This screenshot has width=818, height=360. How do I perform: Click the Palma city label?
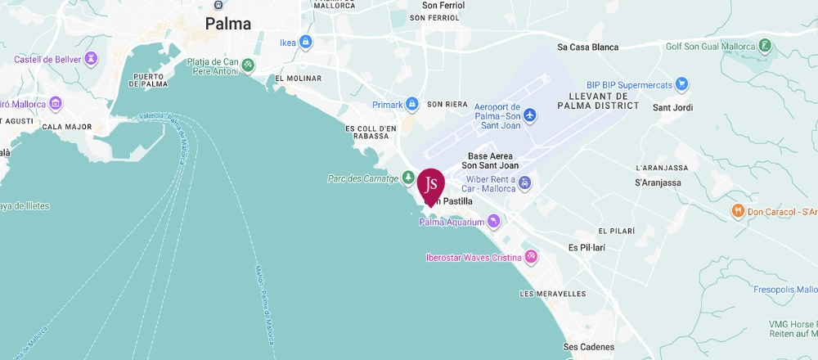(227, 24)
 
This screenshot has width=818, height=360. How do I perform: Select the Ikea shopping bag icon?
(306, 42)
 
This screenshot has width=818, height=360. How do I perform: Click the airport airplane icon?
(530, 115)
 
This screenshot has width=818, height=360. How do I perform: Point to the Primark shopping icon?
(412, 104)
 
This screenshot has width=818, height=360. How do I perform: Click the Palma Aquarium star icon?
(493, 221)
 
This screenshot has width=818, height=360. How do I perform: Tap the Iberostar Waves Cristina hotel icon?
(532, 257)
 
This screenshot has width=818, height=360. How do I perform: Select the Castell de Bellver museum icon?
(91, 59)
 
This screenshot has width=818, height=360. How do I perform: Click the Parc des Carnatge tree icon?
(407, 178)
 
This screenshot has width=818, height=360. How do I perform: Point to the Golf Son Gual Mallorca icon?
(765, 46)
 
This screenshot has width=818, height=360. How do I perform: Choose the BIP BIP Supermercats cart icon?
(681, 84)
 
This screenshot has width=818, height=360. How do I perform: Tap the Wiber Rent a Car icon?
(525, 183)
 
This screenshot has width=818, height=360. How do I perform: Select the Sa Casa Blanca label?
(587, 47)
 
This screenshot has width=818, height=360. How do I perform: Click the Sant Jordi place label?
(672, 108)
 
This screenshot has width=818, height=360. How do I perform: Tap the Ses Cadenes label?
(591, 347)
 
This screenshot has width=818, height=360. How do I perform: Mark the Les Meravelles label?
(552, 294)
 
